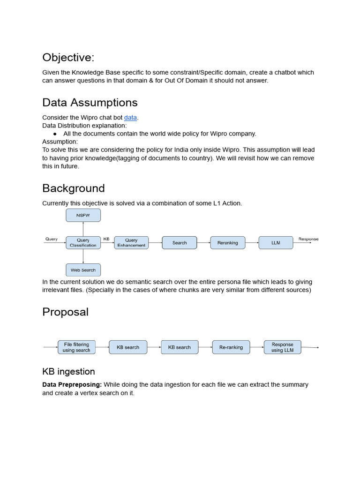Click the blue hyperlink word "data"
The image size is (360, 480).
pyautogui.click(x=130, y=117)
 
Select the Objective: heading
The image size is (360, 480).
pyautogui.click(x=68, y=57)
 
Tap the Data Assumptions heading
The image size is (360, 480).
pyautogui.click(x=90, y=102)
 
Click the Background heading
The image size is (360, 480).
pyautogui.click(x=73, y=188)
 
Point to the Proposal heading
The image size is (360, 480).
pyautogui.click(x=65, y=312)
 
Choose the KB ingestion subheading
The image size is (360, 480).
pyautogui.click(x=68, y=371)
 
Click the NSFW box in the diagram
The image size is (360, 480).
pyautogui.click(x=83, y=216)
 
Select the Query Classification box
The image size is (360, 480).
pyautogui.click(x=83, y=242)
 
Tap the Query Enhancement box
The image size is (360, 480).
pyautogui.click(x=131, y=242)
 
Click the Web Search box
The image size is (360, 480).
pyautogui.click(x=83, y=270)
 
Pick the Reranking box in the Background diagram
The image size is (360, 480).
pyautogui.click(x=227, y=243)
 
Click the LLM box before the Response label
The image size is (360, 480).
pyautogui.click(x=276, y=243)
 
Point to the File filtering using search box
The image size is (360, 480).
pyautogui.click(x=76, y=347)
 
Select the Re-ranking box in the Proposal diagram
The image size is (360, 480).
pyautogui.click(x=231, y=347)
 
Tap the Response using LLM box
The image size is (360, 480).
pyautogui.click(x=282, y=347)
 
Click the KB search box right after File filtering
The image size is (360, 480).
pyautogui.click(x=128, y=347)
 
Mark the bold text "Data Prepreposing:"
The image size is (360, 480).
pyautogui.click(x=72, y=384)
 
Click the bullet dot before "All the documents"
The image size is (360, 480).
pyautogui.click(x=55, y=134)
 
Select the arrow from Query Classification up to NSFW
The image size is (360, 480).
pyautogui.click(x=83, y=229)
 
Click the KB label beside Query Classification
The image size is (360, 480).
pyautogui.click(x=106, y=239)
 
